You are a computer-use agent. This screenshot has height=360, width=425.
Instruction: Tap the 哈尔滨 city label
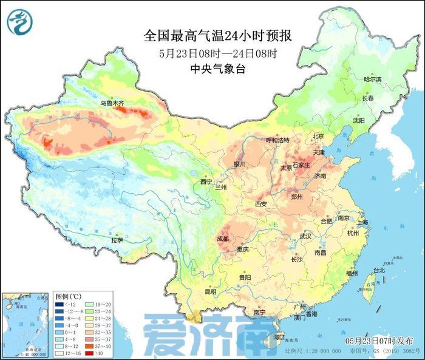(372, 79)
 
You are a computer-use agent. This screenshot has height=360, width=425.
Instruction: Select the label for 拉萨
(117, 240)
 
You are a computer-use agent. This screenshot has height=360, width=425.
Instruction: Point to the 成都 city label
(223, 239)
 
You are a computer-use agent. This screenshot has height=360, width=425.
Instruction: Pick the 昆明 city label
(210, 291)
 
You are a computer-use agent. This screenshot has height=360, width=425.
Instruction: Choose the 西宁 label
(206, 182)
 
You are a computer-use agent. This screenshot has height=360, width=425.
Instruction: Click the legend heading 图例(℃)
(67, 295)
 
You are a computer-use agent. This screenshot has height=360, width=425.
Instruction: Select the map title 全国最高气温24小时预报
(218, 36)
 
